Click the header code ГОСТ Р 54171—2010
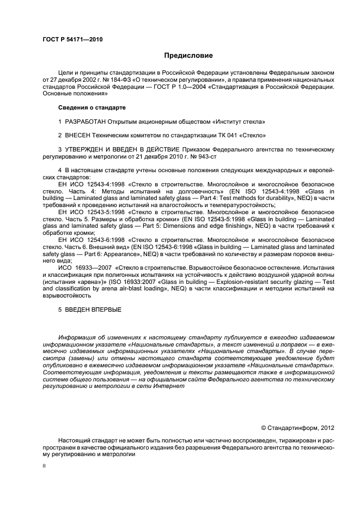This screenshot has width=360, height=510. coord(72,40)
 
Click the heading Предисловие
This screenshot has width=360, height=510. coord(188,56)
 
